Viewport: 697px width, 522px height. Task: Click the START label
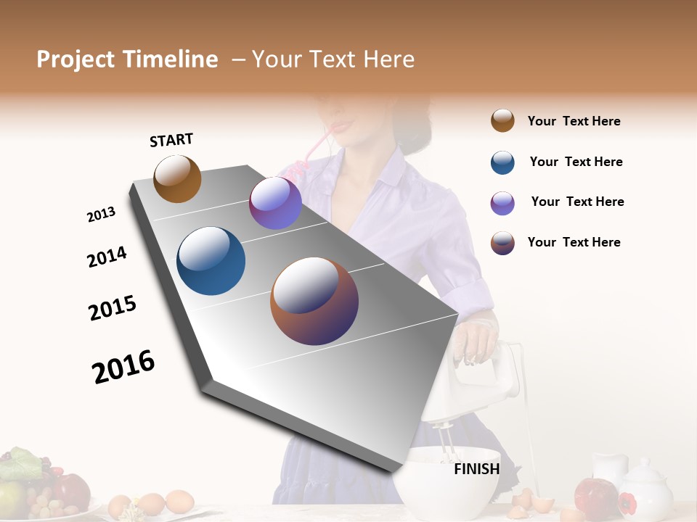171,140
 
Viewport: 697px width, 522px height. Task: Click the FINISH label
476,469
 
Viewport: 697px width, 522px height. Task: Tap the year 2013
101,215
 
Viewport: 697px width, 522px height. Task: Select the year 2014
107,257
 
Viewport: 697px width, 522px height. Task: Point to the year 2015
113,308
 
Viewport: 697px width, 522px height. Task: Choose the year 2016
123,366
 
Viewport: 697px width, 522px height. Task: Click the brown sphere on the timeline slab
177,178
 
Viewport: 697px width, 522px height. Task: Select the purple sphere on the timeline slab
275,203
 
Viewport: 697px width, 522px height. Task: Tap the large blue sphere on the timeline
211,261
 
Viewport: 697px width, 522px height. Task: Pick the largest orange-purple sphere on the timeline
314,301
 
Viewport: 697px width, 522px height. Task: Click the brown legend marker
502,120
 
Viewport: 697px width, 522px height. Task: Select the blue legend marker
502,162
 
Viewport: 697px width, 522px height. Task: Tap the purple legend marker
502,203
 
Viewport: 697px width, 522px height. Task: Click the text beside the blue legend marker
576,162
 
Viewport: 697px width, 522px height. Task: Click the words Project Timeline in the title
127,59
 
